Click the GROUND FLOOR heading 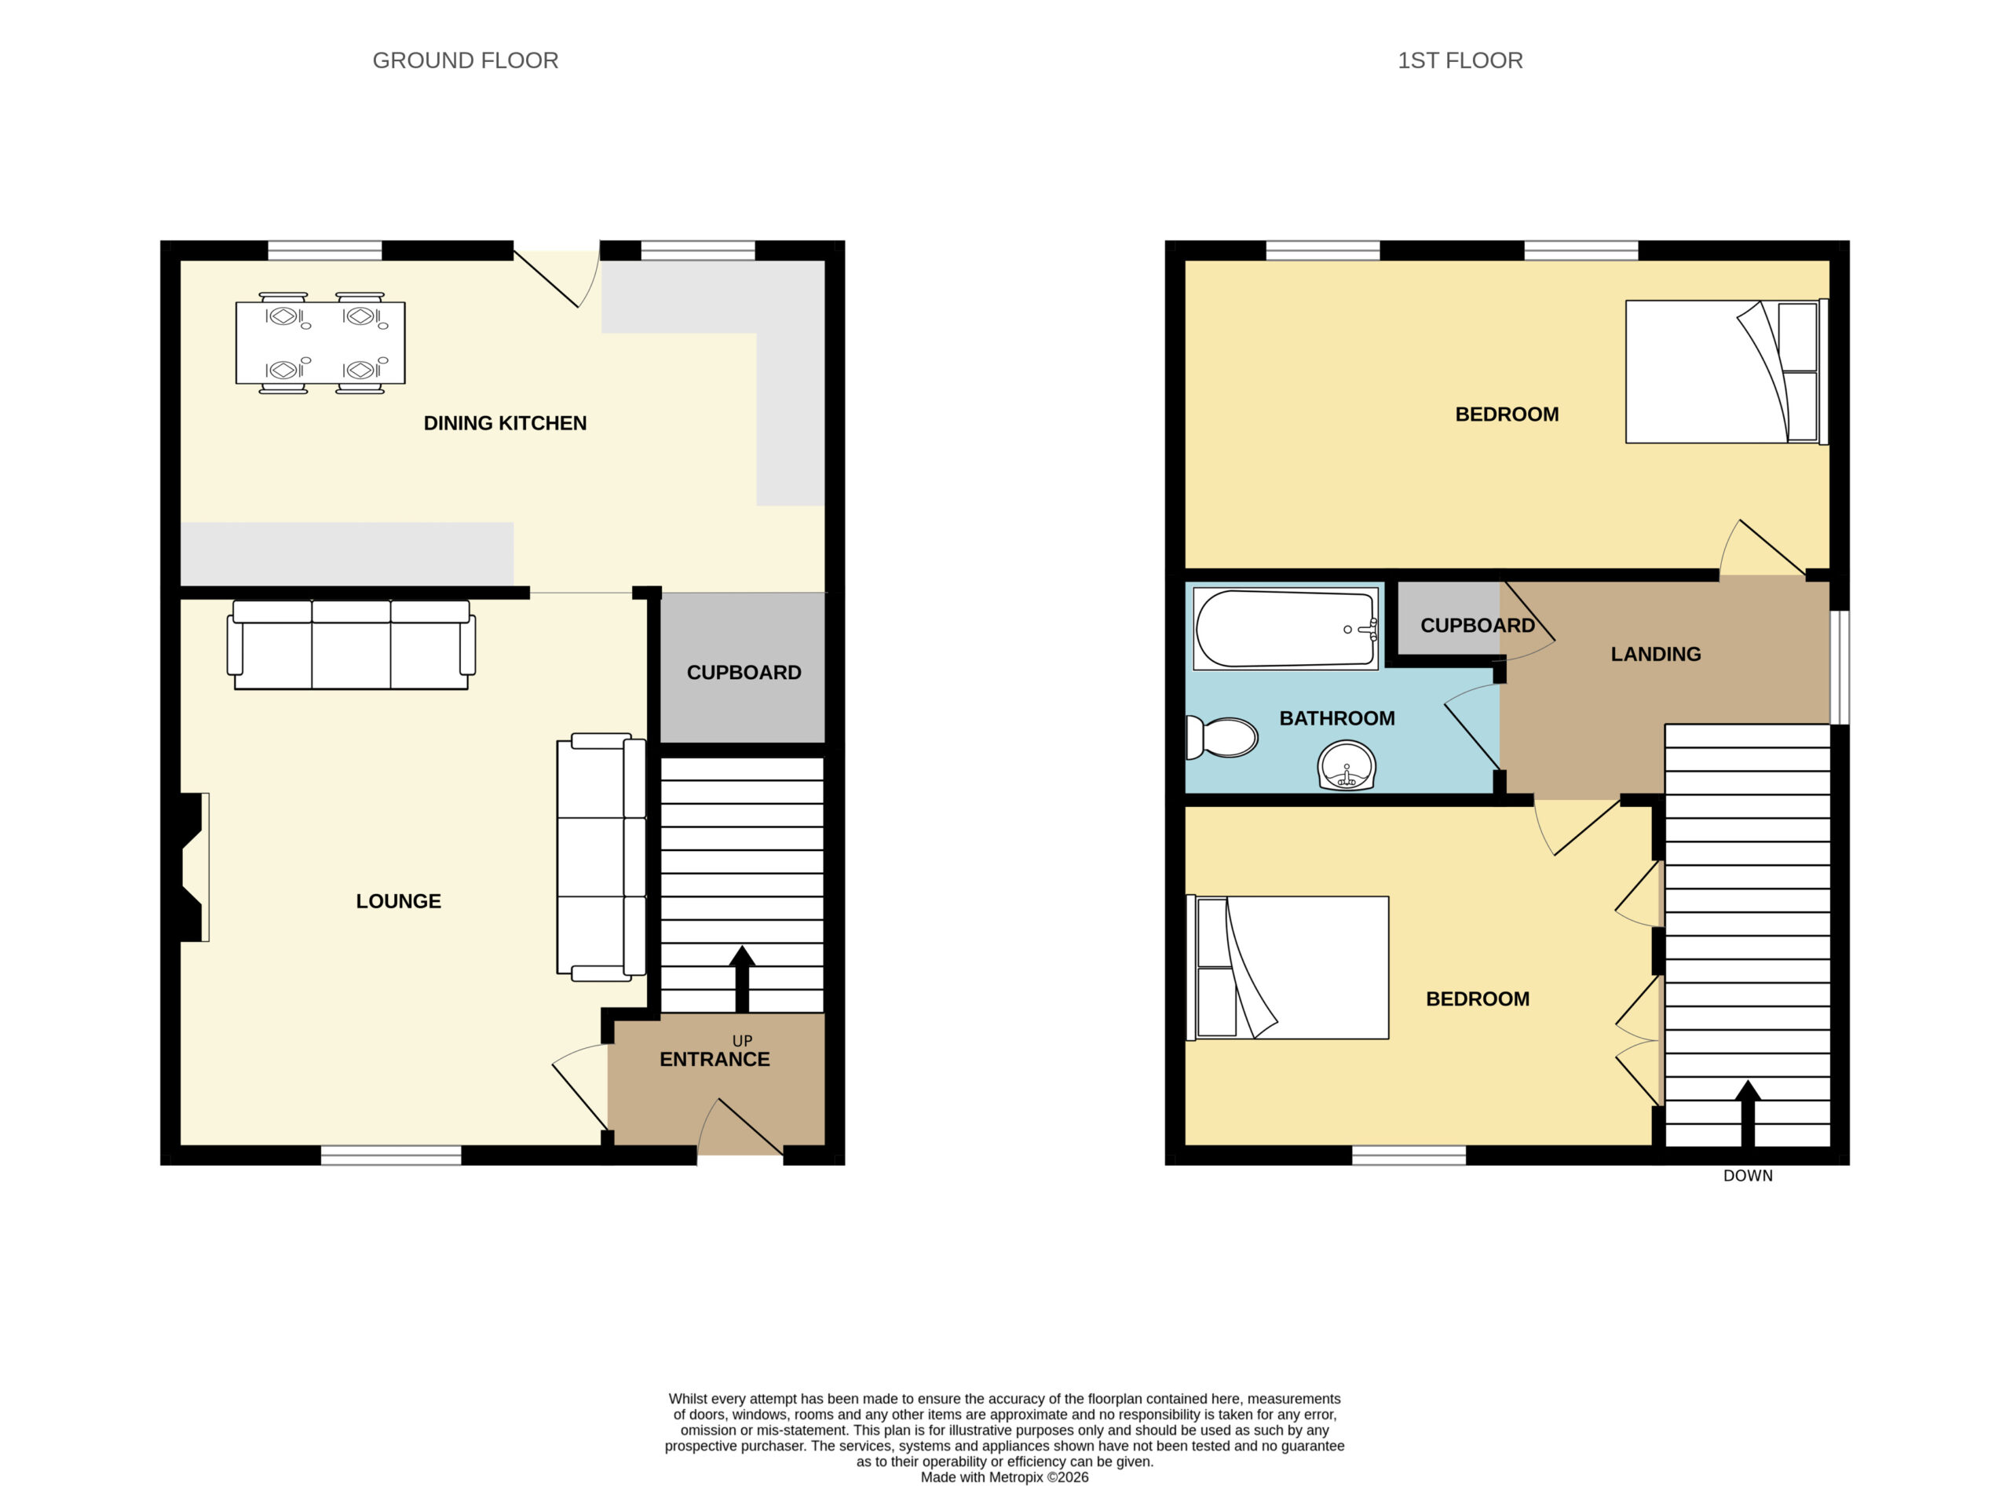click(x=465, y=60)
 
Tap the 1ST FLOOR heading click(x=1460, y=60)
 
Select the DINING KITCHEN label click(x=505, y=423)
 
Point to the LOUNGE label click(x=399, y=901)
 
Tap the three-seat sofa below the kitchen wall click(x=351, y=644)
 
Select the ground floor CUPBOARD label click(x=744, y=673)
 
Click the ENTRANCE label click(x=714, y=1060)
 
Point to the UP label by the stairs click(x=742, y=1041)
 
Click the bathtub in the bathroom click(x=1286, y=629)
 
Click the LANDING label click(x=1656, y=655)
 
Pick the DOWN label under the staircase click(x=1747, y=1176)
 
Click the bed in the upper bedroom click(x=1727, y=371)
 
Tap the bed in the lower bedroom click(x=1288, y=968)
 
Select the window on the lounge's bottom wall click(x=391, y=1155)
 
